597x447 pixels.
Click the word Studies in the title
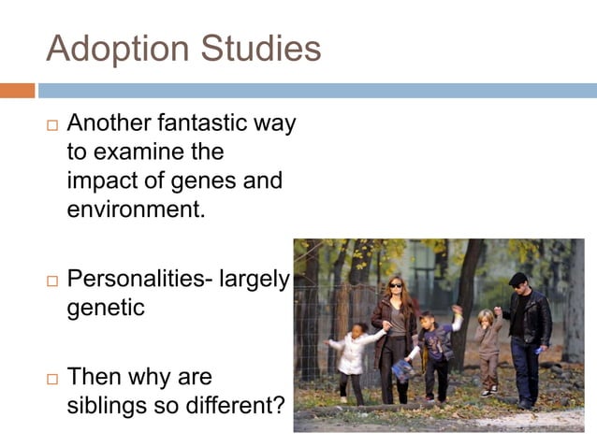(x=261, y=49)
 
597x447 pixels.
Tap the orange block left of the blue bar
(x=17, y=91)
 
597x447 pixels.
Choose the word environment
(x=135, y=208)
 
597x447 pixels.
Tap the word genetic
(x=106, y=307)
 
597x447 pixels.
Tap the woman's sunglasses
(x=395, y=283)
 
